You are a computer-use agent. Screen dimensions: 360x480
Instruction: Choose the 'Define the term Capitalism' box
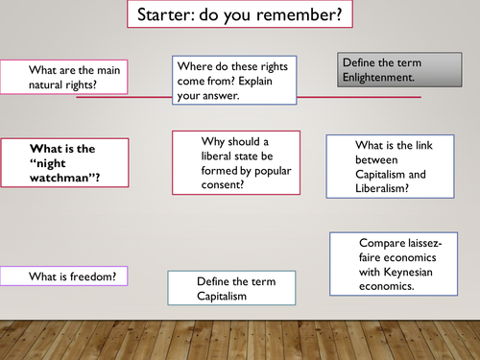[235, 288]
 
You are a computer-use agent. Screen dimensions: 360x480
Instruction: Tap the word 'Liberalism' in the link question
[379, 188]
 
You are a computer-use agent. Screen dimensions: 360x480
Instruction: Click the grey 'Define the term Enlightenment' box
[379, 70]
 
